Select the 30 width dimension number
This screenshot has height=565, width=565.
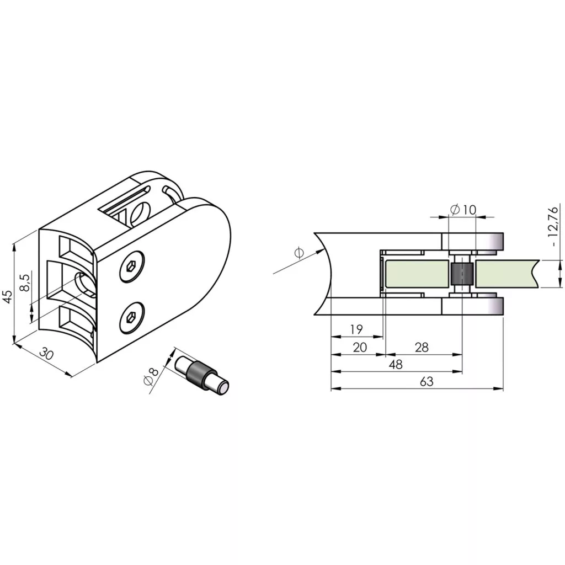point(46,354)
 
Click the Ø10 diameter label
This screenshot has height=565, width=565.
point(463,210)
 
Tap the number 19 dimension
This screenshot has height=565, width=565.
point(356,329)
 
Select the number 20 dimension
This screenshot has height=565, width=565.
point(360,348)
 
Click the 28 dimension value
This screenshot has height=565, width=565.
point(422,348)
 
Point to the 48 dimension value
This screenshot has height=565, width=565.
point(396,365)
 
